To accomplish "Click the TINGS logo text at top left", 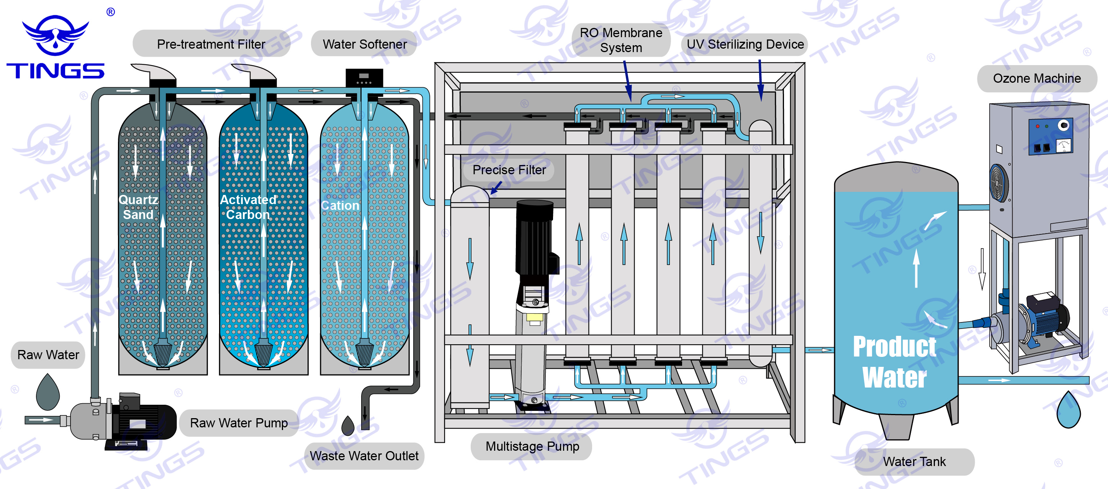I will (x=55, y=70).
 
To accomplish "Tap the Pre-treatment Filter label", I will (x=211, y=44).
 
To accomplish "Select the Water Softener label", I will (x=364, y=44).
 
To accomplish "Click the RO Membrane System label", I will (x=621, y=40).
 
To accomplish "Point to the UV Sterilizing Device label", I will (x=745, y=44).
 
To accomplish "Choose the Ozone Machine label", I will (x=1037, y=78).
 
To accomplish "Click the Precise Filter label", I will (x=509, y=170).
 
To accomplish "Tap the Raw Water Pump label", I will (x=239, y=423).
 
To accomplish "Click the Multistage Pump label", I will (x=532, y=446).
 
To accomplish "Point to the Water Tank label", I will (x=914, y=461).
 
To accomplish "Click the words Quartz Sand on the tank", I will (x=139, y=207).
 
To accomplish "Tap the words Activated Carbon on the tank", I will (x=248, y=207).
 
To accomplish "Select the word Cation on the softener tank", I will (x=340, y=206).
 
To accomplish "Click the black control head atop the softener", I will (x=364, y=77).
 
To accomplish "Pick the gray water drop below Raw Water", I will (x=48, y=392).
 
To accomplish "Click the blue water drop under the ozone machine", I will (x=1069, y=409).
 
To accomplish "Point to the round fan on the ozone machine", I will (x=999, y=182).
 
